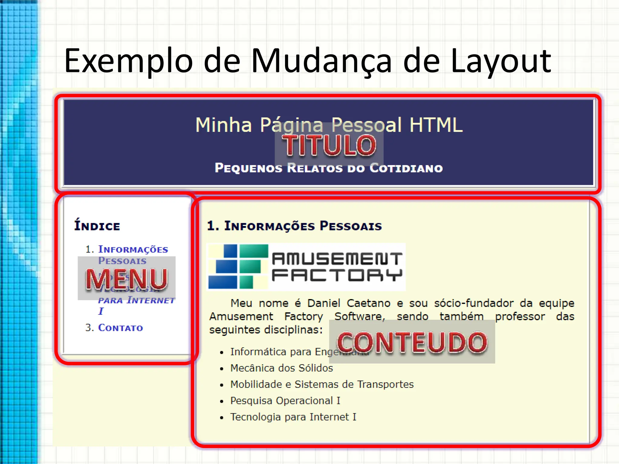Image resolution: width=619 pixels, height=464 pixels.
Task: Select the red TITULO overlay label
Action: [x=329, y=145]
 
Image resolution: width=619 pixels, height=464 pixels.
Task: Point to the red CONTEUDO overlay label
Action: [x=412, y=343]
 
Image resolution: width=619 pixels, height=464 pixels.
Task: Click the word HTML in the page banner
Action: [x=436, y=125]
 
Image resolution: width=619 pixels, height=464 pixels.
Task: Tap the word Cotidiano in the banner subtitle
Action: [x=406, y=168]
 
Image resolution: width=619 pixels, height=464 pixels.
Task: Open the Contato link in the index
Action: [x=120, y=327]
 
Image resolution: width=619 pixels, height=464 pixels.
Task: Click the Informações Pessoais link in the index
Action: [x=133, y=250]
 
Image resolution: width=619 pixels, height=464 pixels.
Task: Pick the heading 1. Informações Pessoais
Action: [x=294, y=226]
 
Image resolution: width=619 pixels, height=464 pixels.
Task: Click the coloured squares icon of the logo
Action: [x=238, y=266]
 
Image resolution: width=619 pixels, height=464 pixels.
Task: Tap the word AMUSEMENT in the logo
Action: [x=337, y=259]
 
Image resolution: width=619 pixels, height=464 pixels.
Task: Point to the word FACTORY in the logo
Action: [x=337, y=275]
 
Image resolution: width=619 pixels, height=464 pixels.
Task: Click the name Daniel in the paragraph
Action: [x=324, y=303]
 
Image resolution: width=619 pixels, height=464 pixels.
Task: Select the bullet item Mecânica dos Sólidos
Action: [x=281, y=368]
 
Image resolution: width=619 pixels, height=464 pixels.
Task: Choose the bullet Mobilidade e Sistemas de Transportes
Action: [x=322, y=384]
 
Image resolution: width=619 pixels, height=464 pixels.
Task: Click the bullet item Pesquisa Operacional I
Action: [x=285, y=401]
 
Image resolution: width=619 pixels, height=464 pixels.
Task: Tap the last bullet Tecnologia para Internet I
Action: [x=293, y=417]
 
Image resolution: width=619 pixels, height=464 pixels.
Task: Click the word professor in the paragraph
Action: [x=520, y=316]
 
